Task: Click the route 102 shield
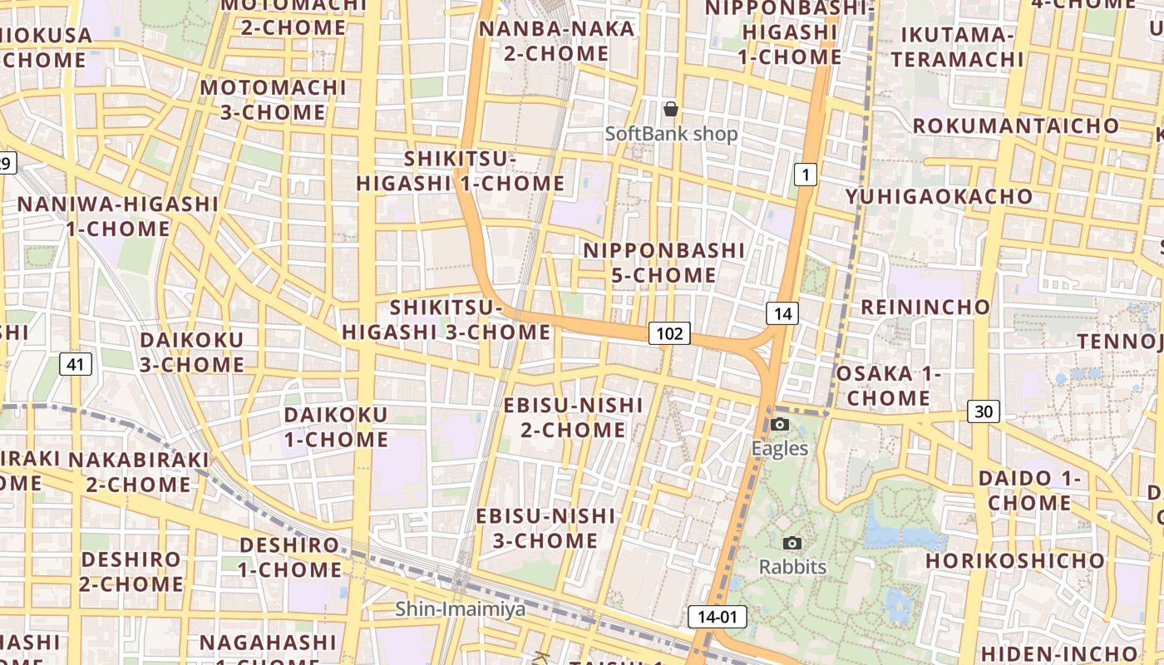[669, 334]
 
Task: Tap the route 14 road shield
[782, 313]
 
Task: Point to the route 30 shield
[984, 411]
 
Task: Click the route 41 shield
[75, 363]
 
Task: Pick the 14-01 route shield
[717, 617]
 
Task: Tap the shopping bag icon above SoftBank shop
[671, 109]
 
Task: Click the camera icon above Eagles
[779, 425]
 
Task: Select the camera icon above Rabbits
[792, 544]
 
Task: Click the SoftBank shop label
[671, 134]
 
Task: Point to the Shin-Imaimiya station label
[460, 609]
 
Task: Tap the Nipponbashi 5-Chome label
[663, 263]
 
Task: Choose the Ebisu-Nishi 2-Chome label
[573, 417]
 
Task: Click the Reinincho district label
[925, 307]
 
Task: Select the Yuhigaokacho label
[939, 197]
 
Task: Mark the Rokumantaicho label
[1016, 126]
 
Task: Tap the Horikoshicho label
[1014, 561]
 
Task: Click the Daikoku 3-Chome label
[191, 352]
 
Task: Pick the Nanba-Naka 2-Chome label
[556, 41]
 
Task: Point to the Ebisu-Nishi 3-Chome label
[545, 529]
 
